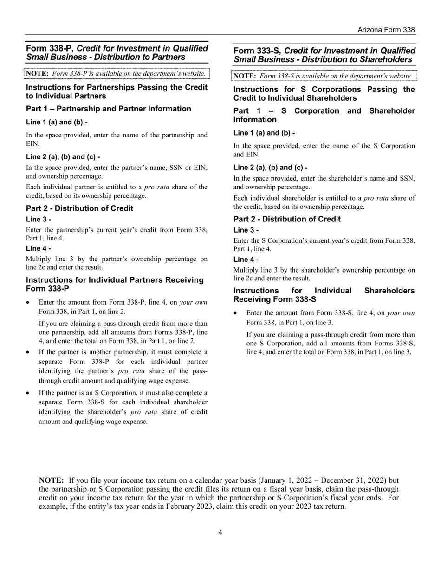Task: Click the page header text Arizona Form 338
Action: pyautogui.click(x=386, y=30)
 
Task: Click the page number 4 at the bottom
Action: pyautogui.click(x=220, y=532)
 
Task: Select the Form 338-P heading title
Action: pyautogui.click(x=117, y=52)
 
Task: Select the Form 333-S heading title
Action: pyautogui.click(x=324, y=55)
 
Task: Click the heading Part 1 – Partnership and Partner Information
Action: pyautogui.click(x=108, y=109)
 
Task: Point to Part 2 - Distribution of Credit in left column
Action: pyautogui.click(x=79, y=208)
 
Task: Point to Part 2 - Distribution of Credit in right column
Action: pyautogui.click(x=287, y=219)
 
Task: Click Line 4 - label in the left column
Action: pyautogui.click(x=38, y=248)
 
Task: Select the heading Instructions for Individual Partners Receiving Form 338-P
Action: pyautogui.click(x=115, y=284)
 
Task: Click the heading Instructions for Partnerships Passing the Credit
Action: pyautogui.click(x=116, y=91)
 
